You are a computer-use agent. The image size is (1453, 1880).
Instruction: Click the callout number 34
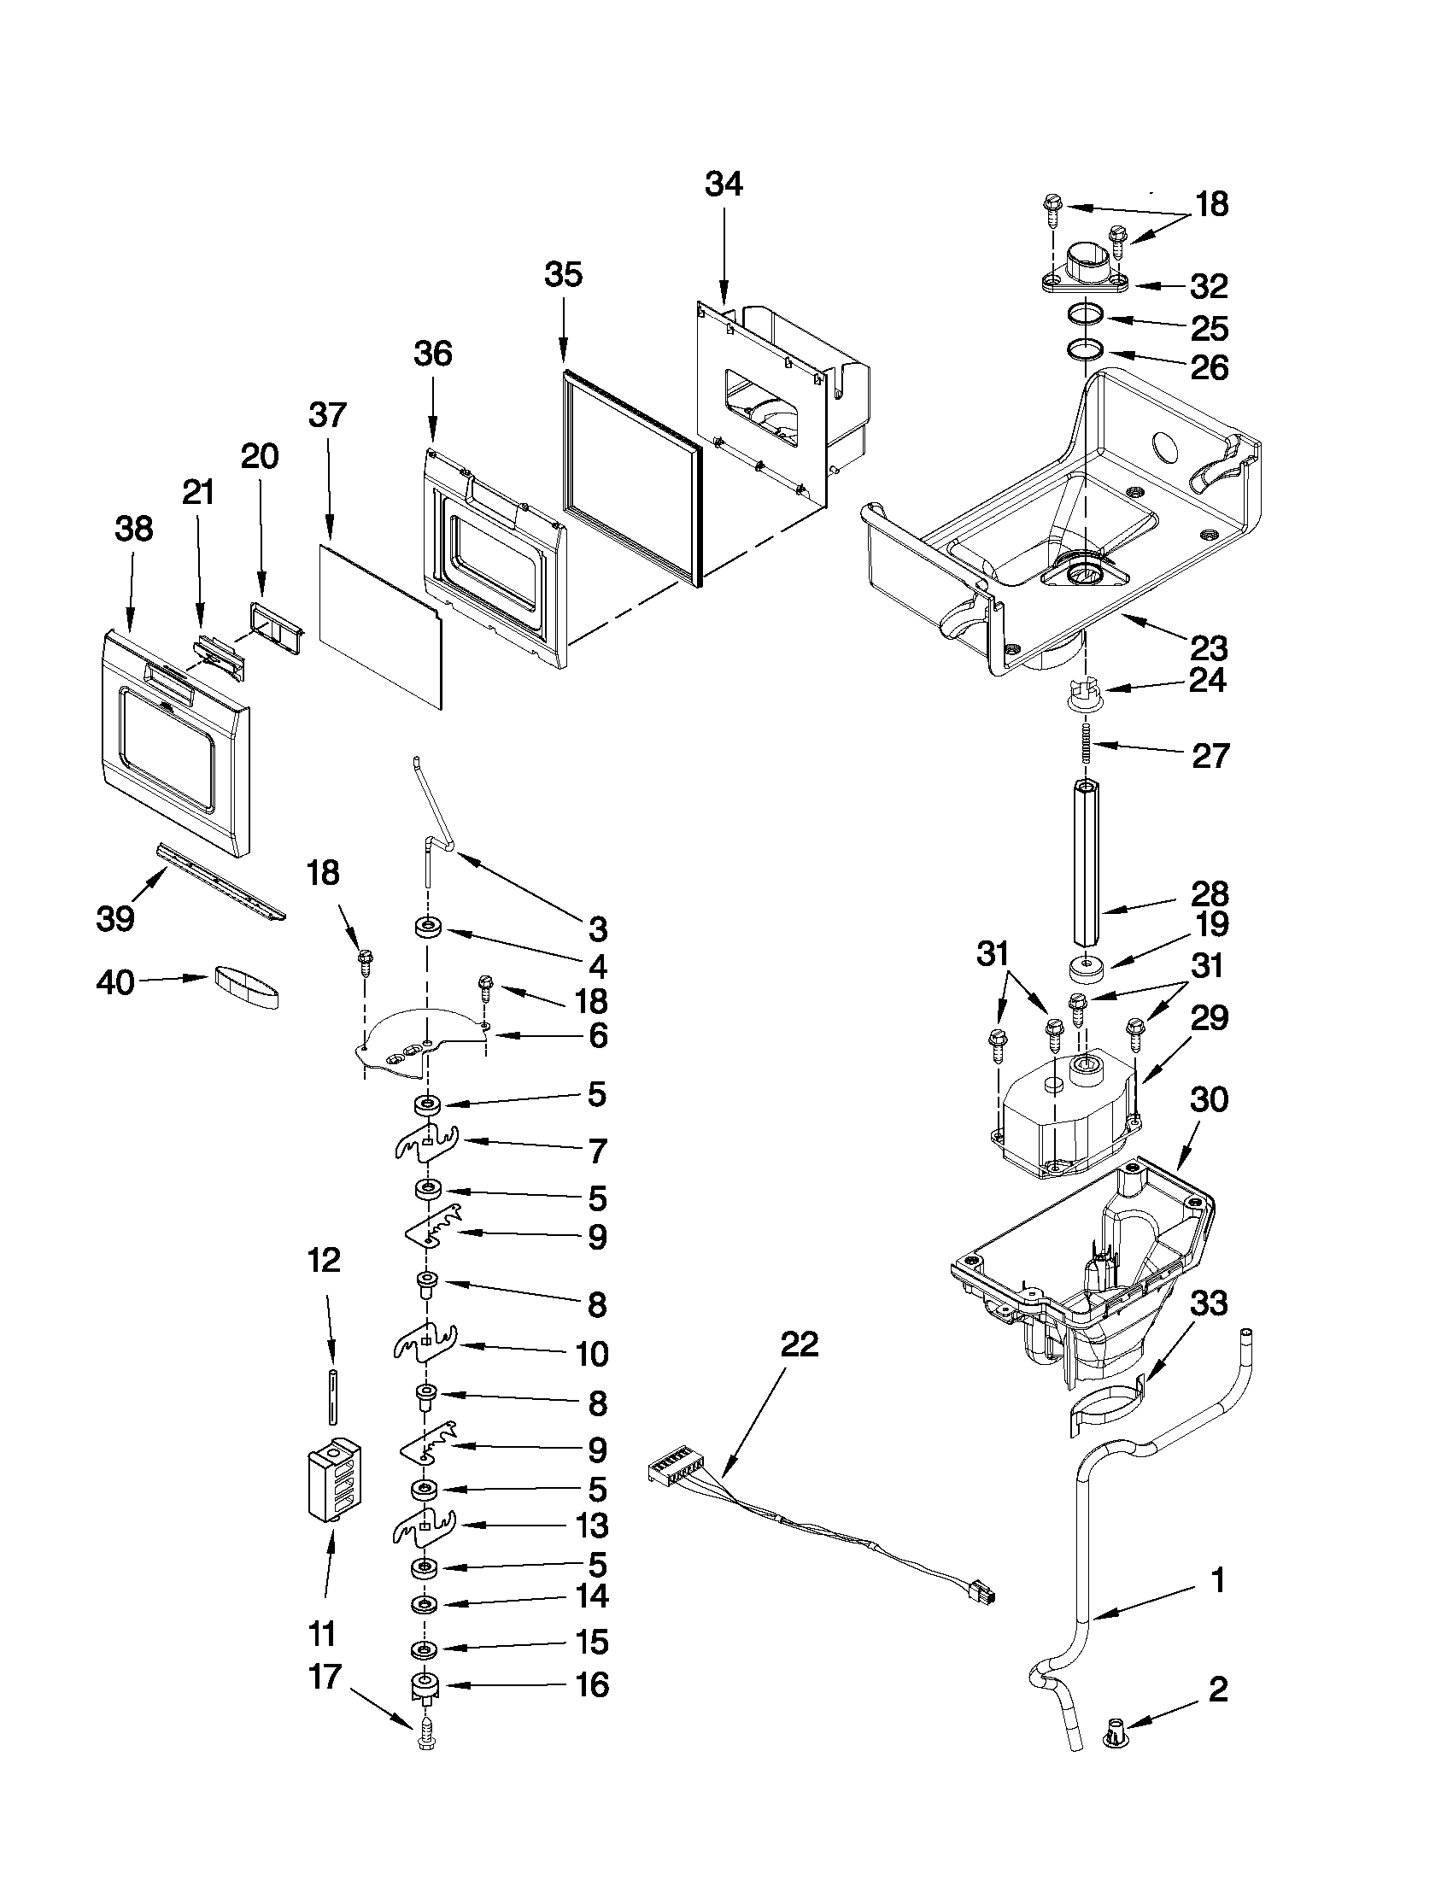tap(723, 184)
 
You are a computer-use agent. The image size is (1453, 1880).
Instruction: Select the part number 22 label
tap(799, 1344)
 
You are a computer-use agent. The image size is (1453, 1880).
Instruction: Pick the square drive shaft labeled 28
tap(1087, 861)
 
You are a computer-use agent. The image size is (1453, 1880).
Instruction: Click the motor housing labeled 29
tap(1064, 1119)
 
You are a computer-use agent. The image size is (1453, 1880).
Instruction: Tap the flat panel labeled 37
tap(380, 624)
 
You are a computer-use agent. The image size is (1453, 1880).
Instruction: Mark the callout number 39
tap(114, 918)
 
